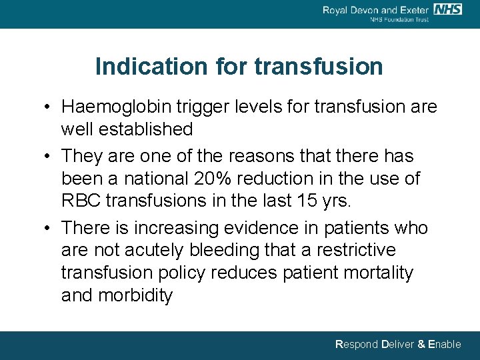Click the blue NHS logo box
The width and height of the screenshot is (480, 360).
pyautogui.click(x=449, y=9)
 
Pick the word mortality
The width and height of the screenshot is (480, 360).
pyautogui.click(x=379, y=273)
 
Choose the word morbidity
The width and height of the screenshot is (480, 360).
pyautogui.click(x=136, y=295)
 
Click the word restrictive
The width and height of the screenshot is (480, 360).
pyautogui.click(x=357, y=250)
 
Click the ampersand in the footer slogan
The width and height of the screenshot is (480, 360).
pyautogui.click(x=421, y=345)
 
